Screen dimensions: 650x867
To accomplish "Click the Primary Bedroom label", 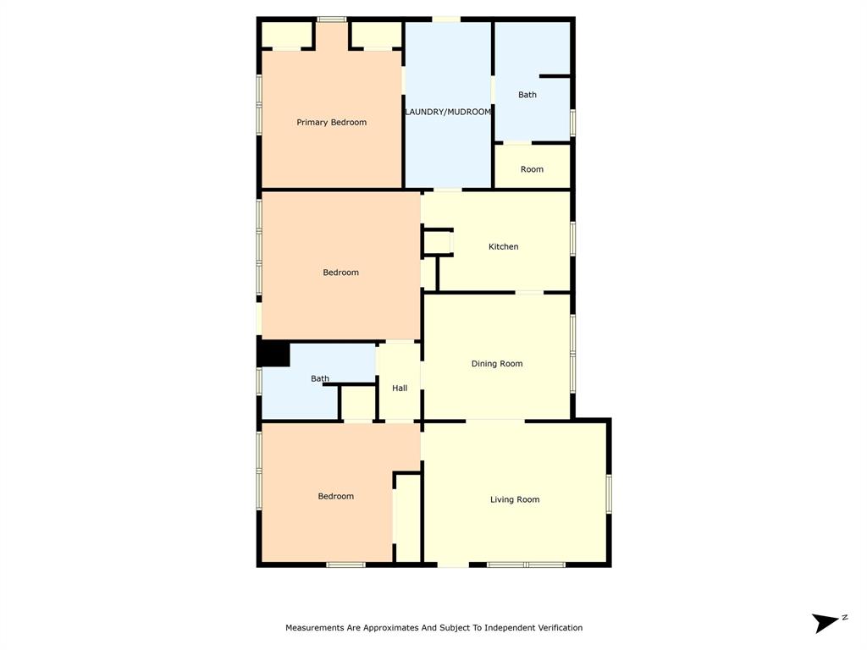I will (331, 123).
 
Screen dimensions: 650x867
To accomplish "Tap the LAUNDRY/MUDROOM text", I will (448, 112).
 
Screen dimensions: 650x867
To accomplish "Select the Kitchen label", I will (503, 247).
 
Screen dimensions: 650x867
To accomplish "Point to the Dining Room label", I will (497, 364).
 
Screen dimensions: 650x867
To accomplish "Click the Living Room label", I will (515, 500).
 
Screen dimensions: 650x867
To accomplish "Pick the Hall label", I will (400, 388).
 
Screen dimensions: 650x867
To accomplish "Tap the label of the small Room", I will (532, 169).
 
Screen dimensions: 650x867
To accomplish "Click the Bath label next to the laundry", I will (527, 95).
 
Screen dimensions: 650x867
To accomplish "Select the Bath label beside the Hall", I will (320, 378).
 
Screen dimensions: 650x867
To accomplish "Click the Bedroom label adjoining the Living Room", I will (336, 497).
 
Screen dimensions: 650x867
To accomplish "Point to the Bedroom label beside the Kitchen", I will (341, 273).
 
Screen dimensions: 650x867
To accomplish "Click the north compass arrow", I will (824, 624).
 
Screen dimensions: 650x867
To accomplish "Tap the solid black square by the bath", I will (273, 354).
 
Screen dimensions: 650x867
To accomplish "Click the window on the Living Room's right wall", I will (609, 493).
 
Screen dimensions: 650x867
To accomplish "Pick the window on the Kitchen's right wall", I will (573, 238).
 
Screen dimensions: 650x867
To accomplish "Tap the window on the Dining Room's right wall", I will (573, 353).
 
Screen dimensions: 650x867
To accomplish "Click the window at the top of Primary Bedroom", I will (331, 19).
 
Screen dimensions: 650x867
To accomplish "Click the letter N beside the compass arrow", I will (844, 618).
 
